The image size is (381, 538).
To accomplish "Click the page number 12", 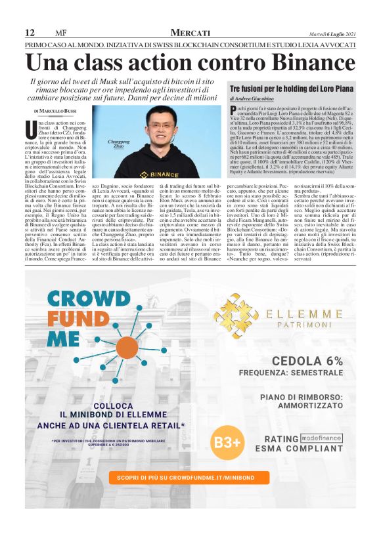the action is point(30,33).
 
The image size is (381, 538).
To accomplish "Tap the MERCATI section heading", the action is point(190,33).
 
